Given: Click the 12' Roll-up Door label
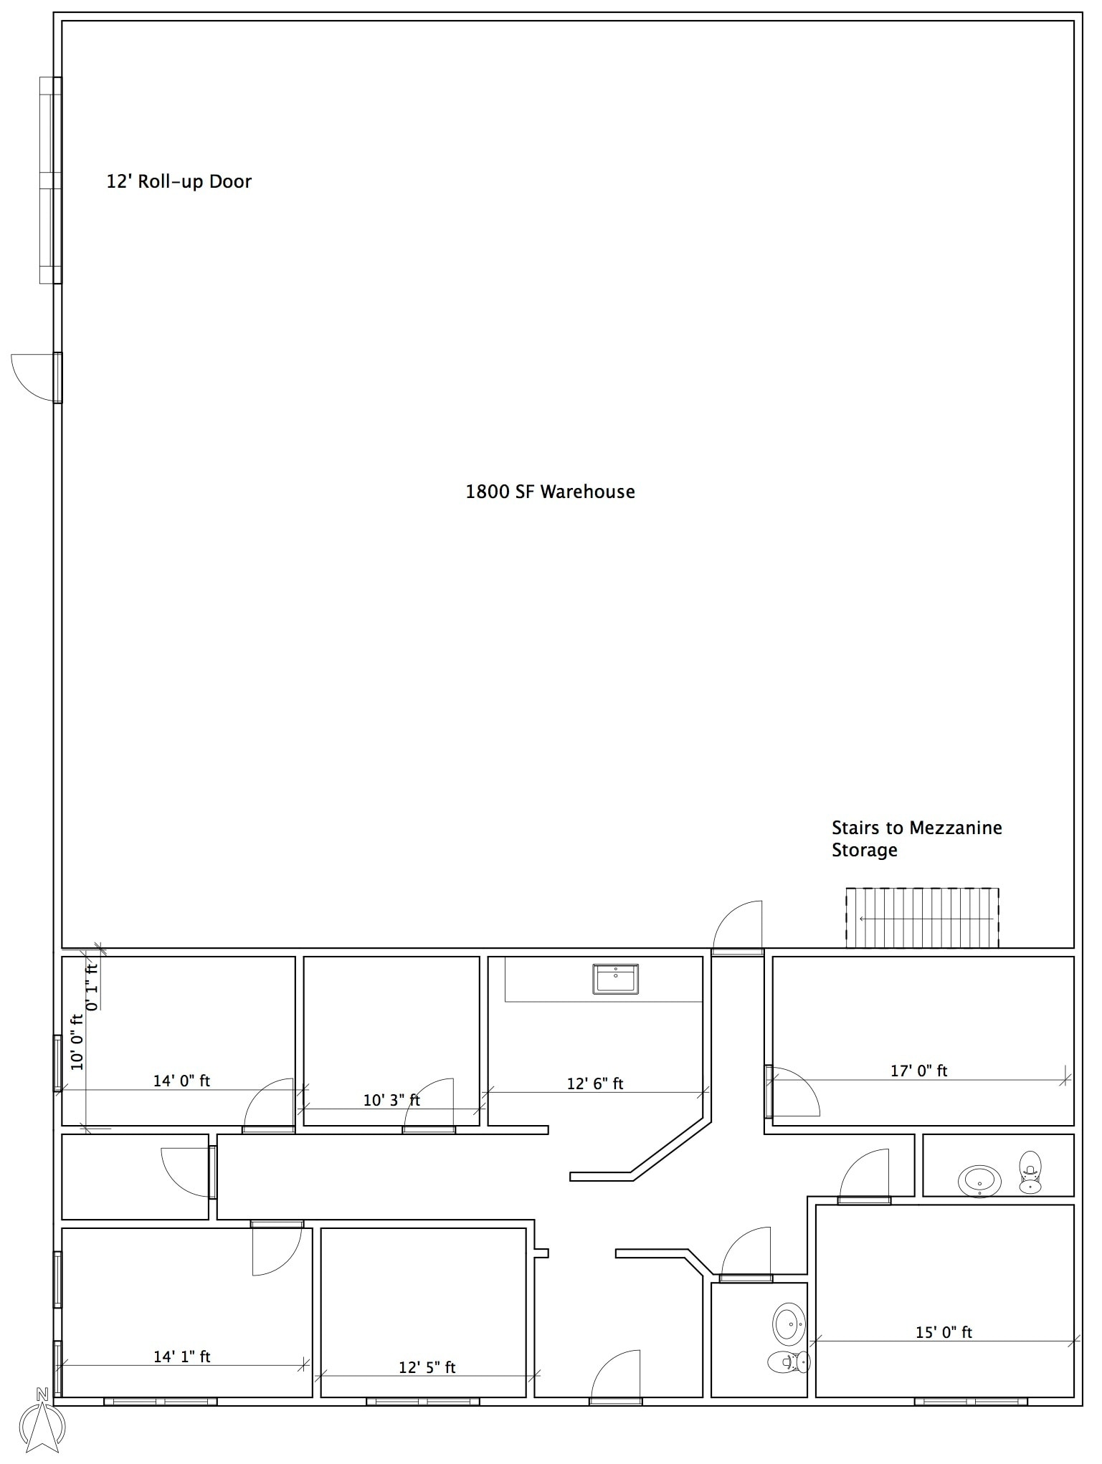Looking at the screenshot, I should point(179,181).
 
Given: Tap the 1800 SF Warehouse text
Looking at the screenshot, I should point(550,492).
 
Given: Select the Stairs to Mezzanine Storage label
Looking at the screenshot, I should point(916,838).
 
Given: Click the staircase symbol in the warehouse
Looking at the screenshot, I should point(922,918).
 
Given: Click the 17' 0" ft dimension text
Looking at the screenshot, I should point(918,1071).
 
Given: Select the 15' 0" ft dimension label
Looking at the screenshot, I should point(944,1332).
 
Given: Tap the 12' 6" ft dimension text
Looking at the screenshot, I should point(595,1083).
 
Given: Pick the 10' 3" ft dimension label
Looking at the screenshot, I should point(391,1100).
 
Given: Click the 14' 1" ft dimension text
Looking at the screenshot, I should point(182,1357).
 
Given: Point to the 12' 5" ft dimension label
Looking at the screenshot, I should point(427,1367).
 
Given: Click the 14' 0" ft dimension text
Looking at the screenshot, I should point(181,1081).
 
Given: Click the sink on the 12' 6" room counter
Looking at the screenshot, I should point(615,979).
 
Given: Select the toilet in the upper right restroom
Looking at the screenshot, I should point(1030,1172).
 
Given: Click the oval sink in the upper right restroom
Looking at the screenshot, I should point(980,1181).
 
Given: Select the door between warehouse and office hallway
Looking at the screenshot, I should point(738,929).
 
